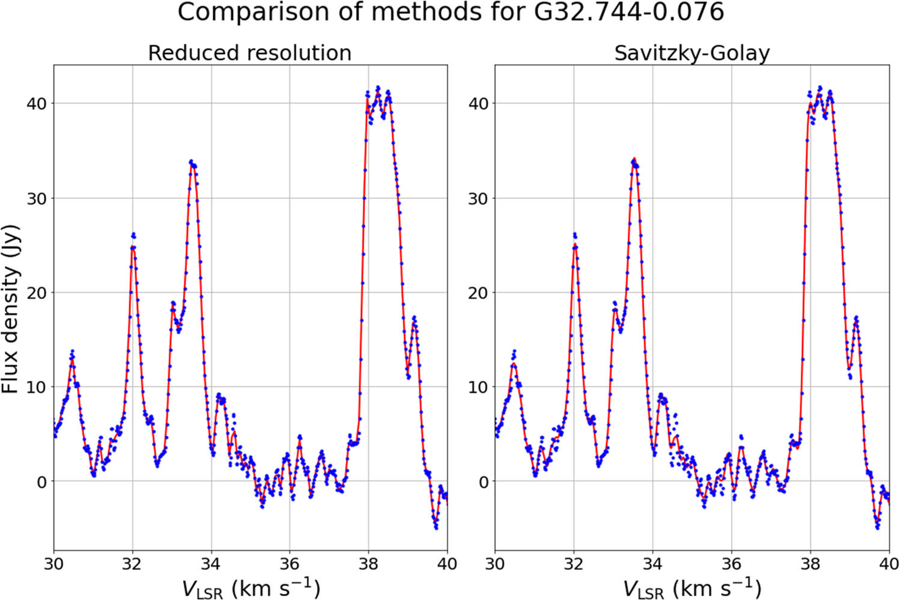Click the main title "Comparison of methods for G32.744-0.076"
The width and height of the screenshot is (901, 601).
450,13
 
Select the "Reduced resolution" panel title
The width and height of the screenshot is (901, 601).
249,53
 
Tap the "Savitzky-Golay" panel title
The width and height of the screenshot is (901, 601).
691,53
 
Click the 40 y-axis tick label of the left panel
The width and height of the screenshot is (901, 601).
35,103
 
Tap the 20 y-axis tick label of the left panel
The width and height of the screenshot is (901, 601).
35,293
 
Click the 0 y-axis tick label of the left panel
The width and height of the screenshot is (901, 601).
41,482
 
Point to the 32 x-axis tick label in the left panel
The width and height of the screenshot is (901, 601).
132,563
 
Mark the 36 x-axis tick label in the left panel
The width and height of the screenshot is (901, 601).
290,563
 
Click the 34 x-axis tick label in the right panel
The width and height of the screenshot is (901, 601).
652,563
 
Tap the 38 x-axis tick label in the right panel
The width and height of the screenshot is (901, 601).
810,563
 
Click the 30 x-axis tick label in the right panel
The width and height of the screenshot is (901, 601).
495,563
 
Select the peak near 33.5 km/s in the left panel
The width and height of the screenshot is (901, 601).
192,162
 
